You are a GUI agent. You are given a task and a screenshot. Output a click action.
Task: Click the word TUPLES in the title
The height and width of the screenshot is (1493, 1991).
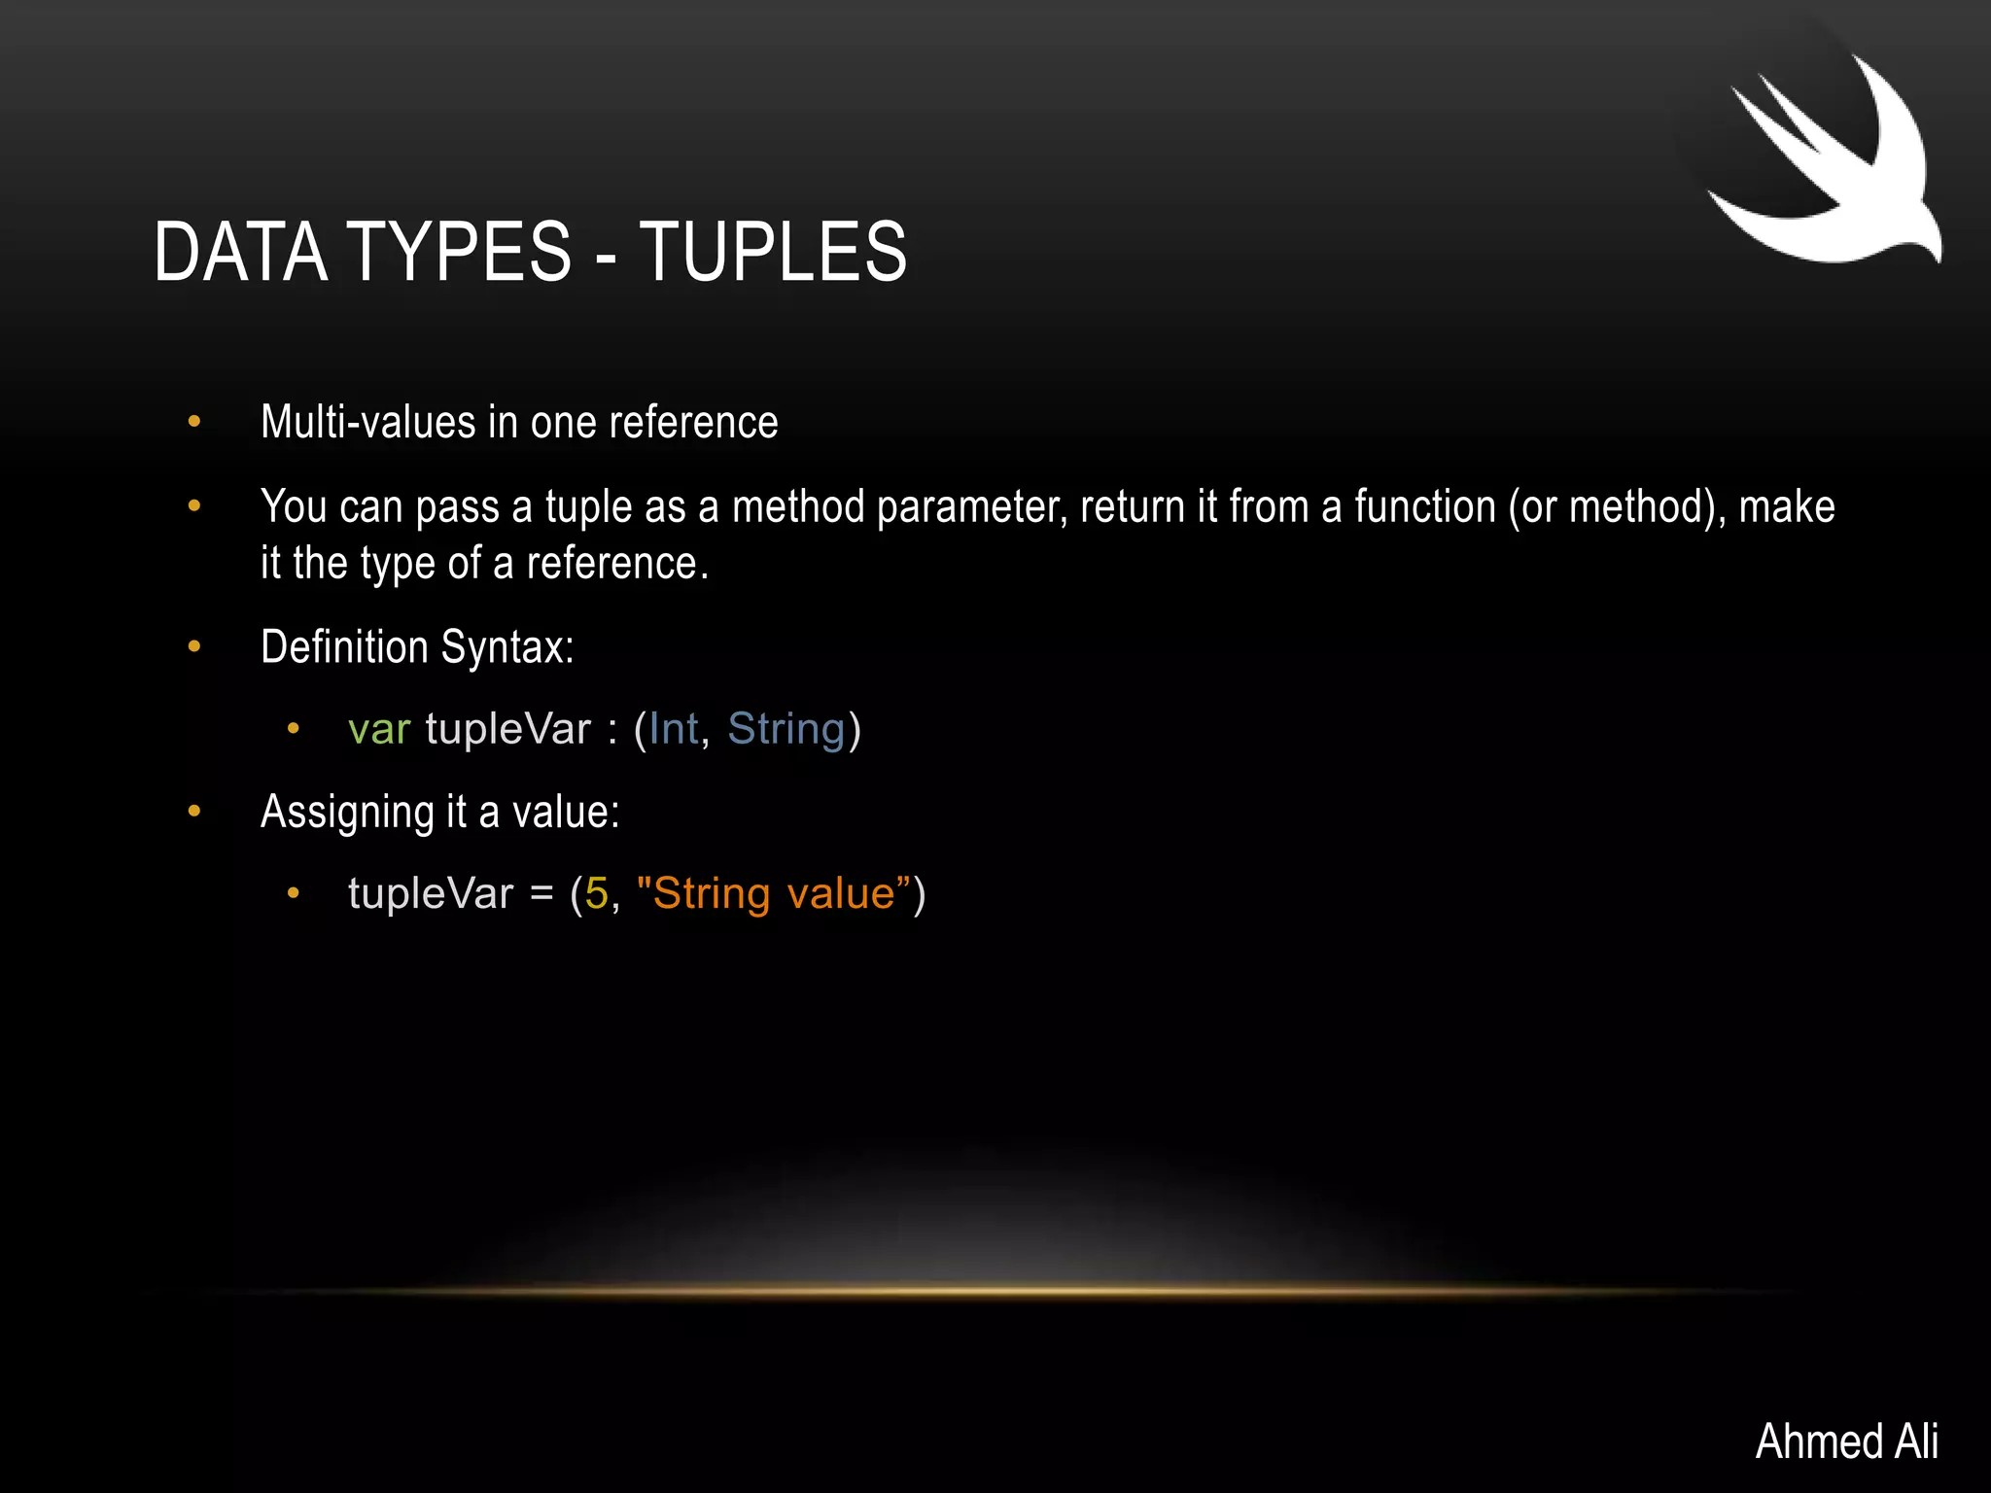coord(773,252)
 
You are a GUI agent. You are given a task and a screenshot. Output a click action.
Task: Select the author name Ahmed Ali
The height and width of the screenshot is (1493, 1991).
coord(1846,1441)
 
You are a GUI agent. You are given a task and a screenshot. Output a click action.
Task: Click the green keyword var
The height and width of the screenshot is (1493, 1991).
coord(379,729)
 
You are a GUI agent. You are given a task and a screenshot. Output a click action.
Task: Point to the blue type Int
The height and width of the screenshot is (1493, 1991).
coord(674,729)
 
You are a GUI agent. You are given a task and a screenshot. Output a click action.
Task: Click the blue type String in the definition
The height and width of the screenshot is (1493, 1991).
coord(786,729)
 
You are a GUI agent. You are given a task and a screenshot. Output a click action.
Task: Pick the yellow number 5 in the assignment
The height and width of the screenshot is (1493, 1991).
coord(596,893)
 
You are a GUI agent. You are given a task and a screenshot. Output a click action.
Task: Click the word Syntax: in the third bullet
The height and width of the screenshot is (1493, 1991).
coord(507,647)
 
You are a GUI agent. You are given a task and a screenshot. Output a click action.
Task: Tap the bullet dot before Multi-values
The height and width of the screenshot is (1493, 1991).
coord(194,422)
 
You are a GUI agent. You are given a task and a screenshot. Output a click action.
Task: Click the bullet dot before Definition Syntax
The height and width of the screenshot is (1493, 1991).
coord(194,646)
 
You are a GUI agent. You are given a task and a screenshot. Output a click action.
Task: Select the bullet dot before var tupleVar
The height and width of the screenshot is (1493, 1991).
coord(293,729)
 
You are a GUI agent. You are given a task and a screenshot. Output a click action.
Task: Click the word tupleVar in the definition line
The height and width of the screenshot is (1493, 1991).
coord(507,729)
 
